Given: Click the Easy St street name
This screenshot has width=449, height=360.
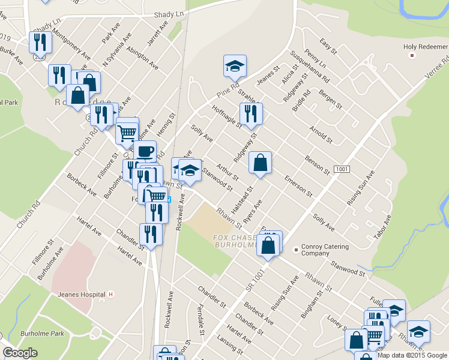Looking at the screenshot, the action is [x=329, y=46].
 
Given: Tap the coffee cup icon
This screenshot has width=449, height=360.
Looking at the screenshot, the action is [x=145, y=151].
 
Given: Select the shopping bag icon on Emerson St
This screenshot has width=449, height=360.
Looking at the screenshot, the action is [x=260, y=163].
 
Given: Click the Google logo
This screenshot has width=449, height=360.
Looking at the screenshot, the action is [x=20, y=353].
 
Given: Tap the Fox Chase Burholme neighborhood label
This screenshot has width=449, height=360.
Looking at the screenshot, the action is [x=235, y=241].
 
